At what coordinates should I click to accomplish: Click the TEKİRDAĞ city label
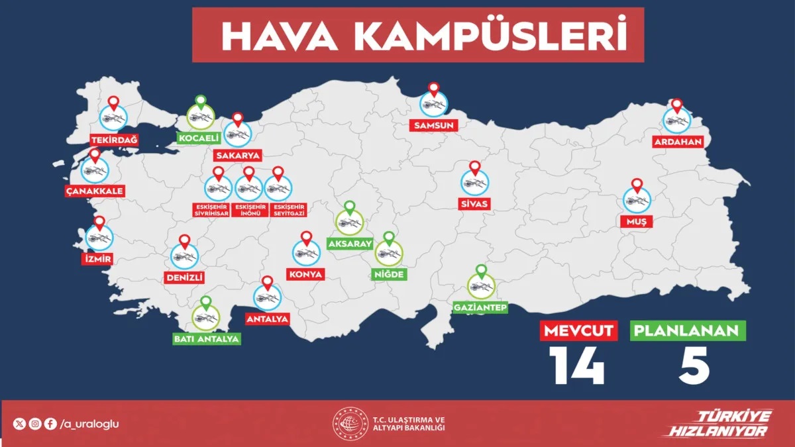(113, 140)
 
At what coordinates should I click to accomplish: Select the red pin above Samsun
(434, 89)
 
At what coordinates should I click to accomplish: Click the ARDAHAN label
(678, 142)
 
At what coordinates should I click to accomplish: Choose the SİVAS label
(474, 204)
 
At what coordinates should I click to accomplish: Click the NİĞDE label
(388, 274)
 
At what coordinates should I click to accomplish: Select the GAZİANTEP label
(480, 308)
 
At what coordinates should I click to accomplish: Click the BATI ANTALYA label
(206, 339)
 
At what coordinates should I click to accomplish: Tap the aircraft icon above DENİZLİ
(184, 256)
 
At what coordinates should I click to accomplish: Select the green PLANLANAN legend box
(689, 330)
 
